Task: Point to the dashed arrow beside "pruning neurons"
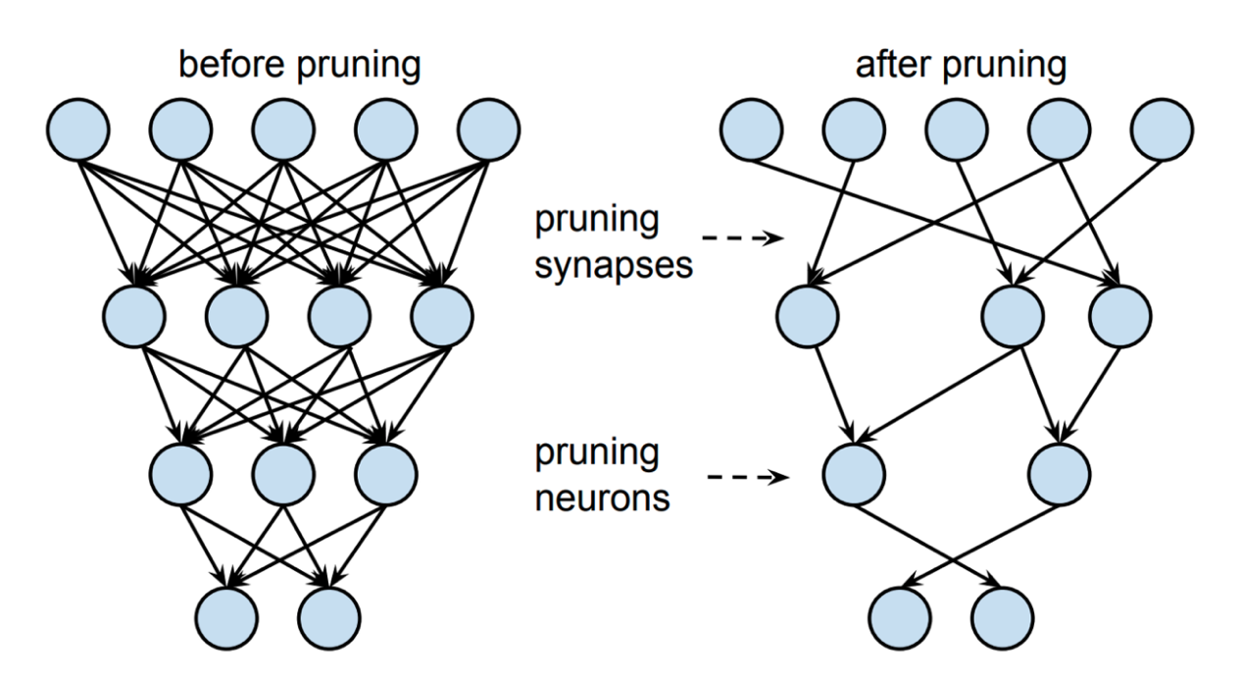746,478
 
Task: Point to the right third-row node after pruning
1059,474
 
